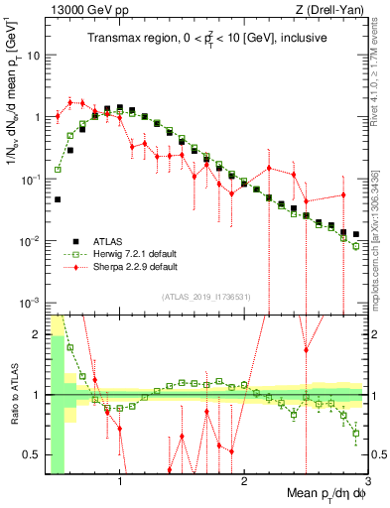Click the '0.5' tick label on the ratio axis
32,454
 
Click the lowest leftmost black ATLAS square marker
58,199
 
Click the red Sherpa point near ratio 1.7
307,350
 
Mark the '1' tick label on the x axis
120,483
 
